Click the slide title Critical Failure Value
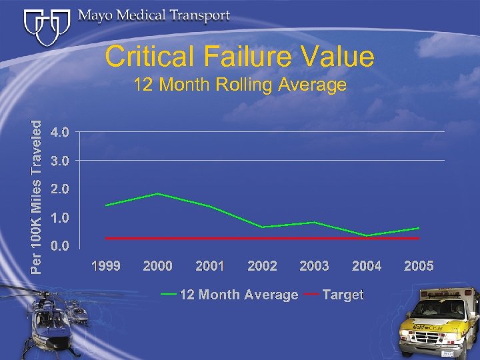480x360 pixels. pos(239,57)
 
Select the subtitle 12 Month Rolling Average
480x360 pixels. pos(239,85)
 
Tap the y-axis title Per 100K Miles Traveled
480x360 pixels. pos(40,196)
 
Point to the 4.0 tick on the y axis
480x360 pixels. pos(59,132)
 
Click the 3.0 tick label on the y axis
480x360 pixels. pos(59,161)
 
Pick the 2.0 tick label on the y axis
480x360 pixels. pos(59,189)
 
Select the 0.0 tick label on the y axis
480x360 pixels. pos(59,246)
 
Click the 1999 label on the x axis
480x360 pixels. pos(106,267)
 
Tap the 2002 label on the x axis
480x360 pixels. pos(262,267)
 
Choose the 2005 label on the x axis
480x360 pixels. pos(419,267)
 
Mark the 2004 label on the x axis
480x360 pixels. pos(367,267)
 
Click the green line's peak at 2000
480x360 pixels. pos(158,193)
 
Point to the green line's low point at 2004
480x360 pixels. pos(367,235)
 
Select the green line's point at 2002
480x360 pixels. pos(262,227)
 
